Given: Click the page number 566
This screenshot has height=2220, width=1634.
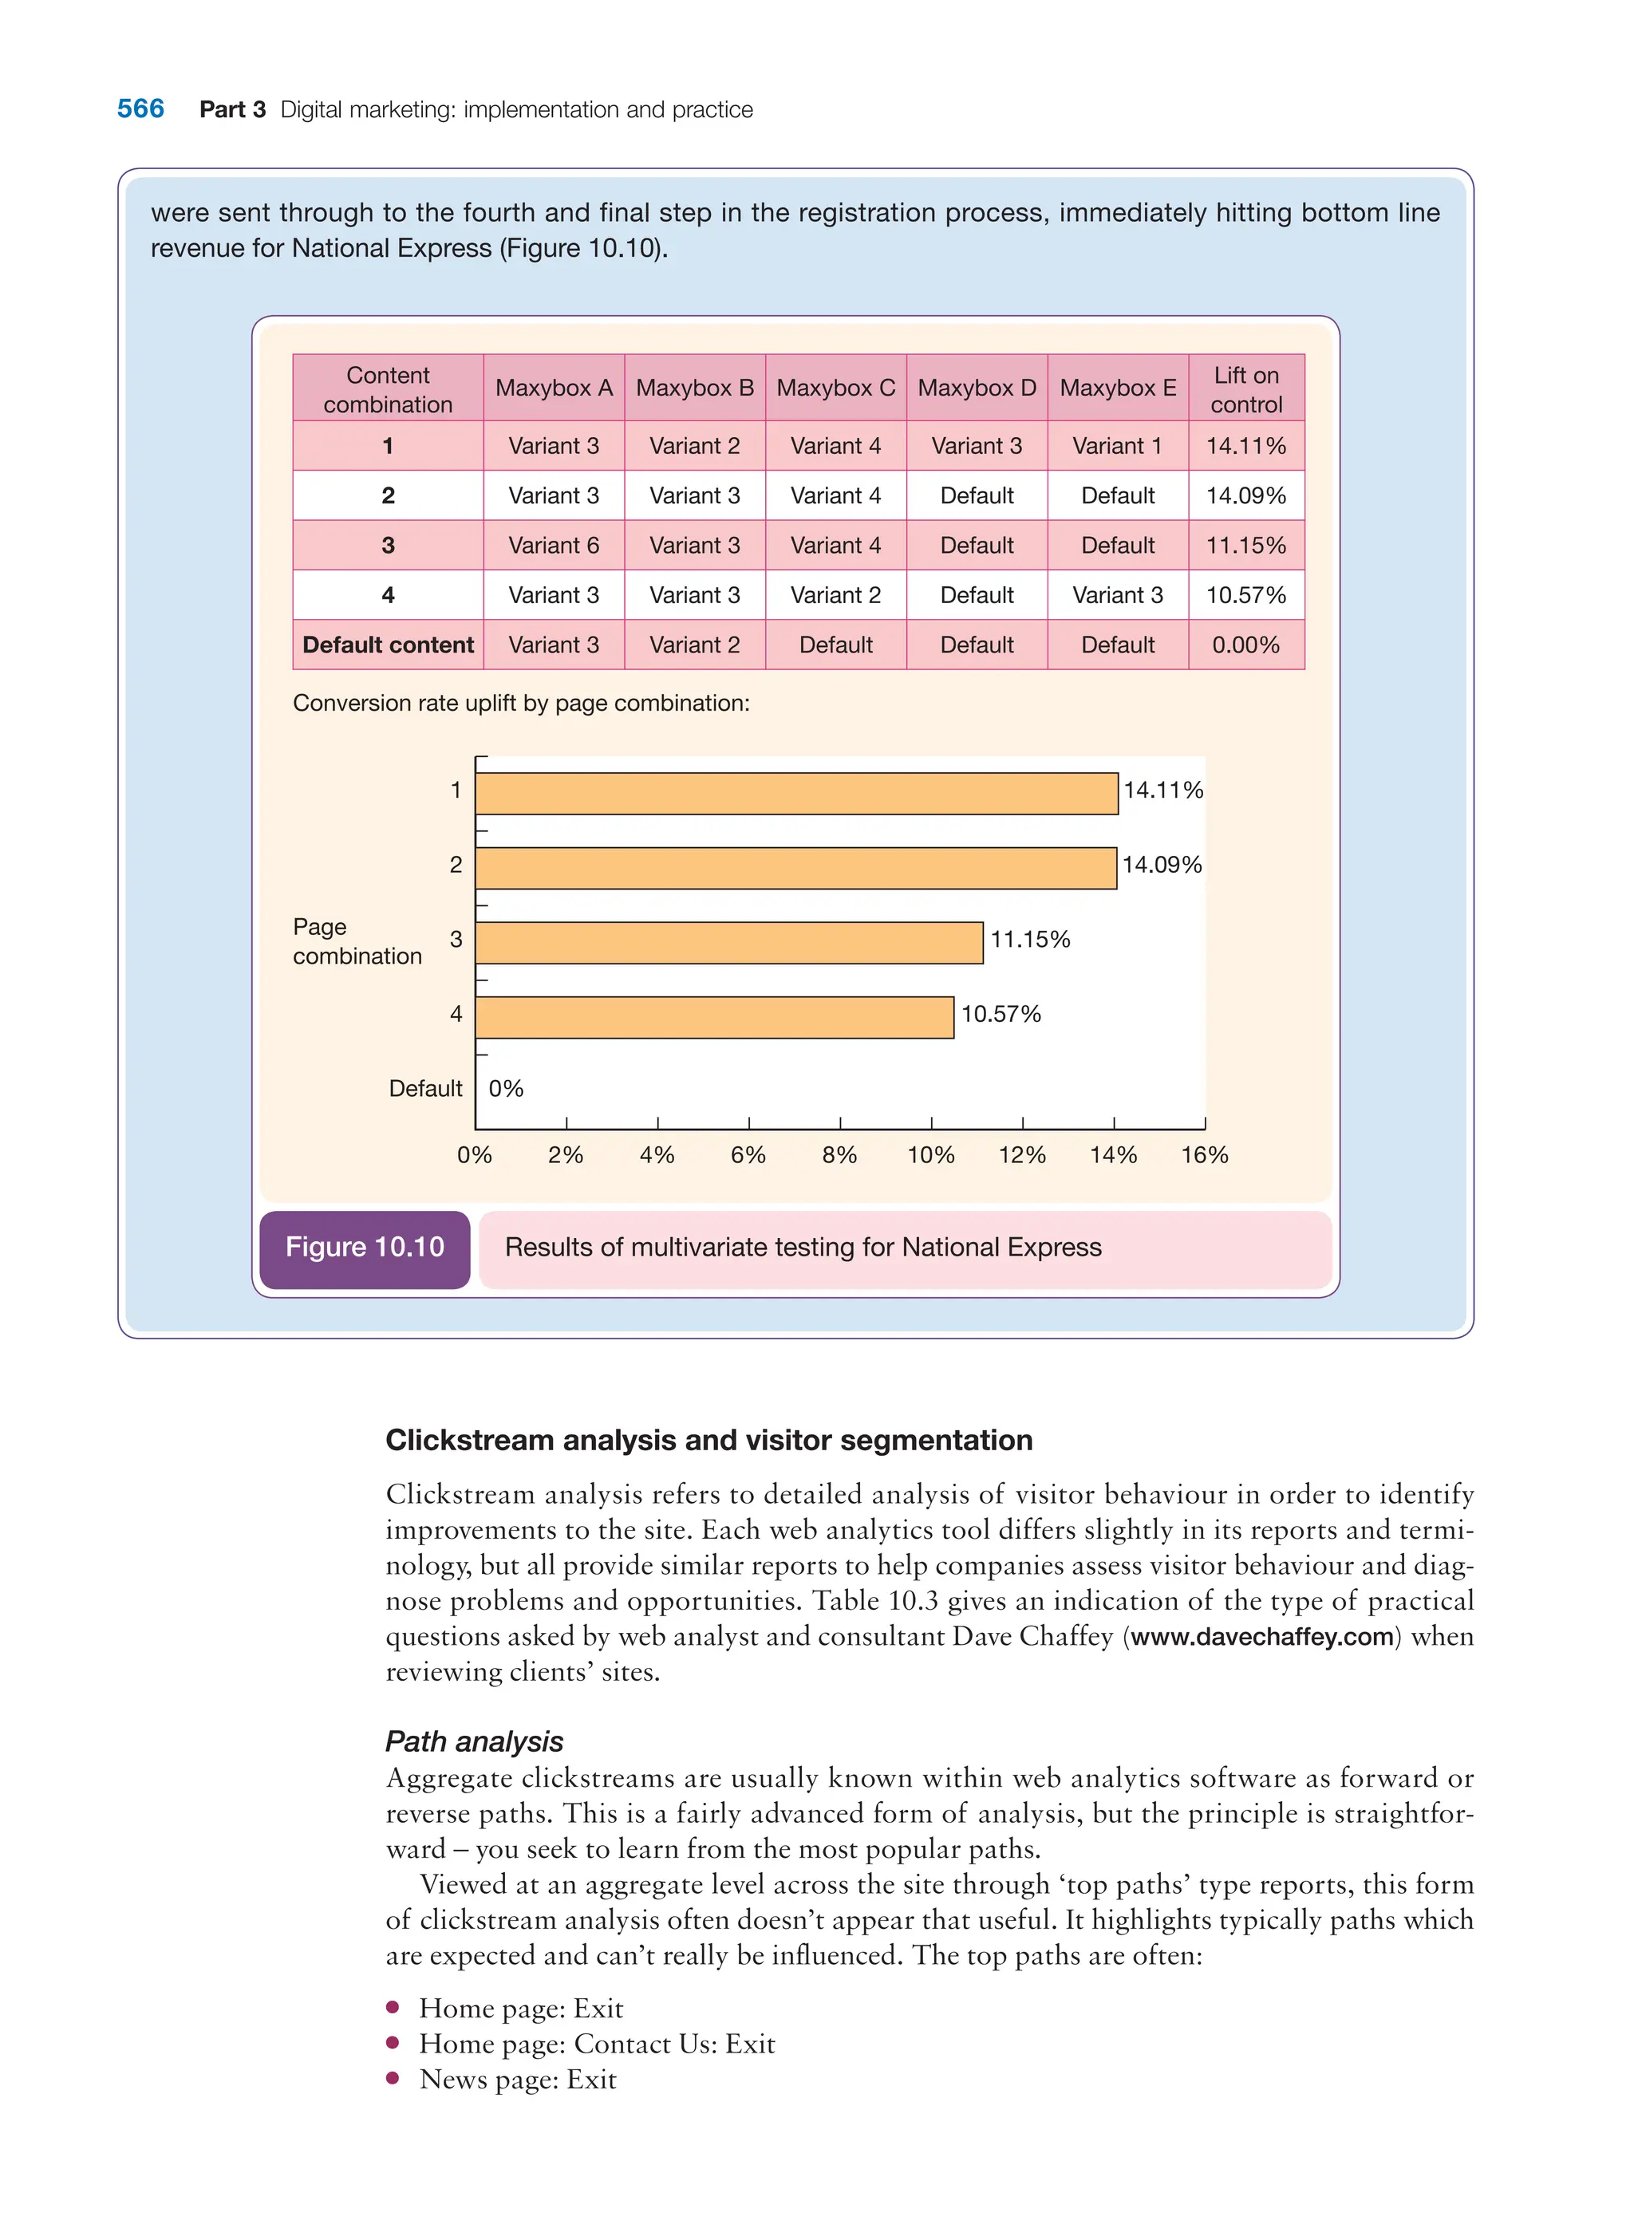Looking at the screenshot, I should (140, 108).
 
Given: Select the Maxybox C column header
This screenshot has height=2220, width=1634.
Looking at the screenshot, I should (836, 388).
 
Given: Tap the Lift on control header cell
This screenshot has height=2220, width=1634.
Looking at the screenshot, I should (1245, 388).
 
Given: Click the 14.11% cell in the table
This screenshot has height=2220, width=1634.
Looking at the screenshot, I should (1245, 446).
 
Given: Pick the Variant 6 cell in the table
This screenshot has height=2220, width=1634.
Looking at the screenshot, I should (553, 545).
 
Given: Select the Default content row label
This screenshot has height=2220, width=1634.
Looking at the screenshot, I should (388, 645).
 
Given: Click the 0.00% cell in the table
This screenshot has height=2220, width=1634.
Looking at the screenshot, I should (1245, 645).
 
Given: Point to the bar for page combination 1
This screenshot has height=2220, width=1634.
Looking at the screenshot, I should (796, 793).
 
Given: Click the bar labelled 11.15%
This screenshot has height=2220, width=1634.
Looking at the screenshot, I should (729, 942).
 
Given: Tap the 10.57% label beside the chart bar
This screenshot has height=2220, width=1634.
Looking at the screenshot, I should (1001, 1014).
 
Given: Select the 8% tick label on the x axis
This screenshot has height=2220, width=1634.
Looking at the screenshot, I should (840, 1155).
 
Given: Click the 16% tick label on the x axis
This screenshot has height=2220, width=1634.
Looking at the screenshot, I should (1204, 1155).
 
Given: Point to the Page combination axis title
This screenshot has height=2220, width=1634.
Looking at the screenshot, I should (357, 941).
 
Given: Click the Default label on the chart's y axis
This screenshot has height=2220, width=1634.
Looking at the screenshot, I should (425, 1089).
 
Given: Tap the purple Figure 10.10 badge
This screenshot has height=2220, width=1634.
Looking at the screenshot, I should (365, 1248).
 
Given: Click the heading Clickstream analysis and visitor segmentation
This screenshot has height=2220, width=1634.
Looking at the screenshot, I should (708, 1440).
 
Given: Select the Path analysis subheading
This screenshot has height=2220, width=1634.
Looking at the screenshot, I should (474, 1741).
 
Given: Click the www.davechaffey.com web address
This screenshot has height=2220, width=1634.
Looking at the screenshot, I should (1262, 1637).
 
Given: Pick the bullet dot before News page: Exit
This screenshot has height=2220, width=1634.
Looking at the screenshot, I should (393, 2077).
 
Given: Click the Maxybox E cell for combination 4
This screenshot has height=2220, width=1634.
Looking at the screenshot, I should (1118, 595).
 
